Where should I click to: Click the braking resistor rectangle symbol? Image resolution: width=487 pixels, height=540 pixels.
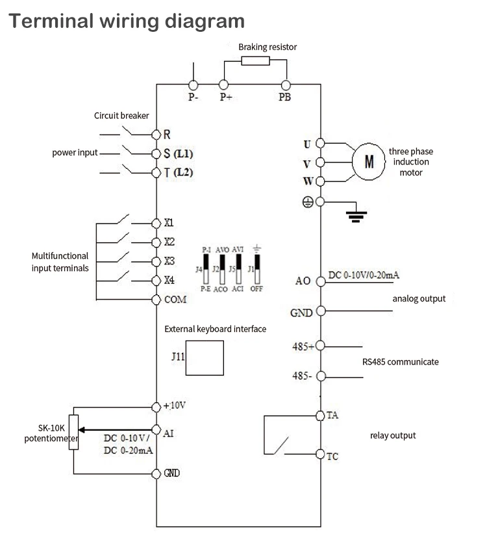255,61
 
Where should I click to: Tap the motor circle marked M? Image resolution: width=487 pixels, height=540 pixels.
369,162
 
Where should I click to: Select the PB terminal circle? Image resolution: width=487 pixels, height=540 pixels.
286,84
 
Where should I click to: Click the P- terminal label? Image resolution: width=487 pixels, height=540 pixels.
194,97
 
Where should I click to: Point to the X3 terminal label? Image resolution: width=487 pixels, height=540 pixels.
169,261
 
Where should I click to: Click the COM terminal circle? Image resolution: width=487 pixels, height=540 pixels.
156,300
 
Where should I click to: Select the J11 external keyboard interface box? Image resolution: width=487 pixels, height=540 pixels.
205,358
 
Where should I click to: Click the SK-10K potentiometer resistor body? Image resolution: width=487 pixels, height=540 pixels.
73,432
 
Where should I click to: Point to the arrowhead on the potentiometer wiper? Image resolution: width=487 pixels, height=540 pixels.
82,430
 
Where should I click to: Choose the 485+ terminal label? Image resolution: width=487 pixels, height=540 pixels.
303,346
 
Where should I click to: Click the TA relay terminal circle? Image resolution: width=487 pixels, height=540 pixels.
320,416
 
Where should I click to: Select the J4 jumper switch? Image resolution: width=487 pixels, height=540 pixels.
206,268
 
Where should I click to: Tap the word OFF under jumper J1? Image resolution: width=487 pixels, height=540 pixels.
256,289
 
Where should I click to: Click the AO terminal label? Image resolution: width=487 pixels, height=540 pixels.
303,281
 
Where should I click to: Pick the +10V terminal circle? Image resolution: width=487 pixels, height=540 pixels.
156,407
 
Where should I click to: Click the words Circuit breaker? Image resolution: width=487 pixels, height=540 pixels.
121,116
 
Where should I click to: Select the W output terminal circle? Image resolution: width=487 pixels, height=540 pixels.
320,181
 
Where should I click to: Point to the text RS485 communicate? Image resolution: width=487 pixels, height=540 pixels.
400,362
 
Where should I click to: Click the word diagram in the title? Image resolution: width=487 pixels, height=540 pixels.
205,21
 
